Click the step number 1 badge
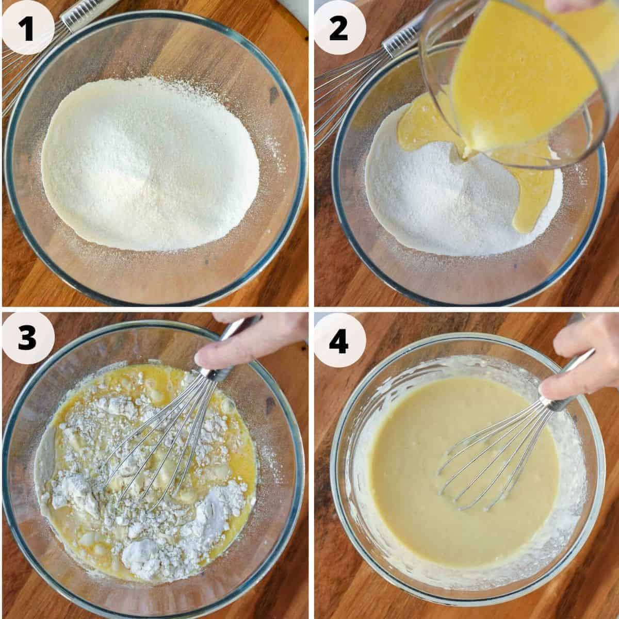tap(28, 28)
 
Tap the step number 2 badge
tap(338, 28)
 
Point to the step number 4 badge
tap(338, 340)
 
